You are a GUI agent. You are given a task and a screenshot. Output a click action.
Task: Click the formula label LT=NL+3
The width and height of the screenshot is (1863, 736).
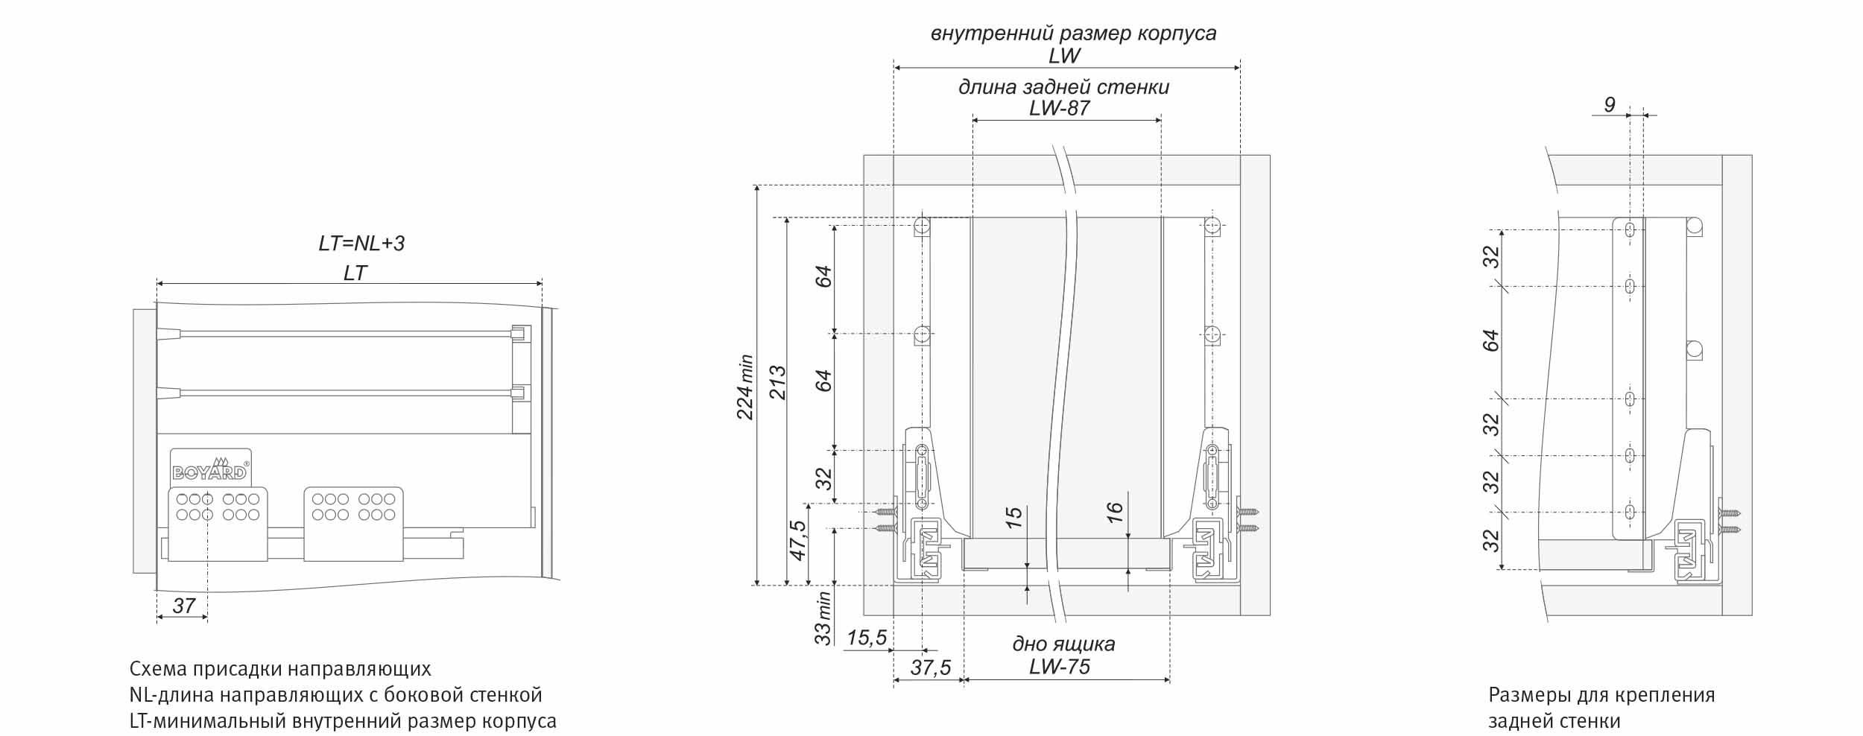[x=361, y=244]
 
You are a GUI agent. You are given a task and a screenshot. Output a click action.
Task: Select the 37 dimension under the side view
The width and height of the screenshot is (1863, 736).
[x=183, y=606]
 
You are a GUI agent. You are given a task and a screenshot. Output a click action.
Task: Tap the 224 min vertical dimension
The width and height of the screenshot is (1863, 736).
[x=746, y=387]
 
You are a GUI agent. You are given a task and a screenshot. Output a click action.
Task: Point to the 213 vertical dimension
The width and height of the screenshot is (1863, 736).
[x=777, y=382]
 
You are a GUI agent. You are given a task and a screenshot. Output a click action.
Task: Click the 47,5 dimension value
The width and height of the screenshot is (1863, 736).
[x=797, y=540]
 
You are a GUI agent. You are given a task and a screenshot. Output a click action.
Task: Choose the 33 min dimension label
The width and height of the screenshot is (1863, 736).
[x=822, y=618]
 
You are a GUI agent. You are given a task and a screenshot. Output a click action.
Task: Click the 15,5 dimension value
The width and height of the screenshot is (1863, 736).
[x=867, y=638]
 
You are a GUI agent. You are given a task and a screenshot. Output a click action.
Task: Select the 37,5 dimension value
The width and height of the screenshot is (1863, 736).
[x=931, y=667]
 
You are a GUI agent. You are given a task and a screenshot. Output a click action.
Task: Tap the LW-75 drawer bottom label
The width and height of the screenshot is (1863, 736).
[x=1059, y=666]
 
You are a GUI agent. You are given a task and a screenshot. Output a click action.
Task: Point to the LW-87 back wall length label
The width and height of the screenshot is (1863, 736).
[x=1059, y=108]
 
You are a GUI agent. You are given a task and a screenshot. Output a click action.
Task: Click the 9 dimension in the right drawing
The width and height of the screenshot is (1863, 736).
[x=1610, y=105]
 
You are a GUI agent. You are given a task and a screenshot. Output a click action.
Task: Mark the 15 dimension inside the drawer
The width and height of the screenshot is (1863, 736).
[x=1013, y=518]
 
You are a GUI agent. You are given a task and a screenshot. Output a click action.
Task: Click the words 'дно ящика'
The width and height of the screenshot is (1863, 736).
[x=1063, y=644]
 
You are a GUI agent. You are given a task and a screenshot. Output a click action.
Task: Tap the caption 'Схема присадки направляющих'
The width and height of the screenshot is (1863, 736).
[x=280, y=668]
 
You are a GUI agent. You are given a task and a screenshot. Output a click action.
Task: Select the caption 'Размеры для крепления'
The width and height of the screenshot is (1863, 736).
[x=1601, y=695]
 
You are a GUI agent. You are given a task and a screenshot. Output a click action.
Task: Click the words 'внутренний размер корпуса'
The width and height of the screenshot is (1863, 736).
[x=1074, y=34]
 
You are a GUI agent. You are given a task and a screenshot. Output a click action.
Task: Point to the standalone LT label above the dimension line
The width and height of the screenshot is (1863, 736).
[x=355, y=273]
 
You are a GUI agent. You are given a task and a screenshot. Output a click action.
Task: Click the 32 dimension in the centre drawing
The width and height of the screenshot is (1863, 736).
[x=822, y=478]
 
